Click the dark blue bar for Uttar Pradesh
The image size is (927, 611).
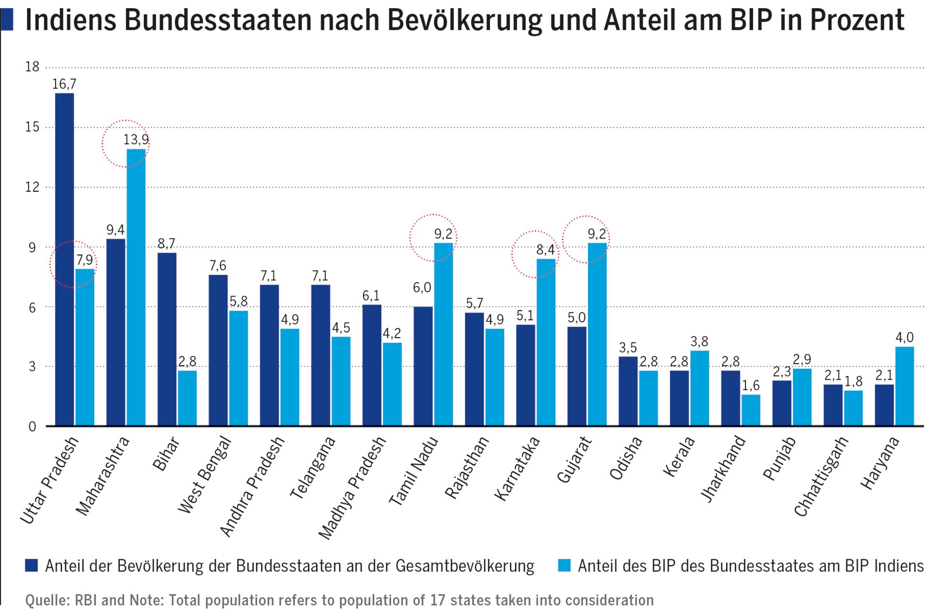[x=65, y=259]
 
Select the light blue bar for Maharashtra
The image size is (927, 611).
[x=136, y=287]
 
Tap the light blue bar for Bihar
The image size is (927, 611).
[x=187, y=398]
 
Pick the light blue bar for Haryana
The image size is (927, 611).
[x=904, y=386]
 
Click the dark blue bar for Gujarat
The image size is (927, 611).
[x=576, y=376]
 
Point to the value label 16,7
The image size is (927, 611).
[x=64, y=84]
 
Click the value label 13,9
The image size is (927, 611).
[x=136, y=140]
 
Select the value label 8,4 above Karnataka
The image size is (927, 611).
[x=545, y=250]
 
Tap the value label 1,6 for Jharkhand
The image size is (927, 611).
[x=750, y=385]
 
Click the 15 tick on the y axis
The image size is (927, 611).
[x=32, y=127]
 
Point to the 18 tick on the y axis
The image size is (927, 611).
[x=32, y=67]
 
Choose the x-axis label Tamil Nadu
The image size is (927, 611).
[x=414, y=470]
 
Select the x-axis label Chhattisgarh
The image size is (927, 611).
[x=821, y=476]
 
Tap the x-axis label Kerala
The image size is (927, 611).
[x=679, y=456]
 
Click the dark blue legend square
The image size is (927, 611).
[x=32, y=566]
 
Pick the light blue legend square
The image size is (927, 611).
[x=564, y=566]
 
